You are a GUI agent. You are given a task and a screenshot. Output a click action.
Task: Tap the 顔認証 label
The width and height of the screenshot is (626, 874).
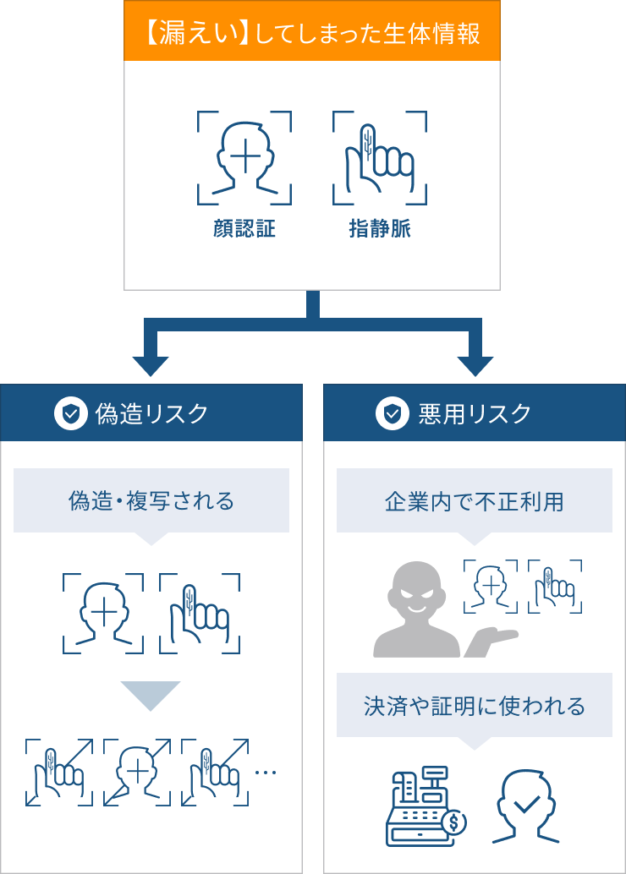click(x=244, y=229)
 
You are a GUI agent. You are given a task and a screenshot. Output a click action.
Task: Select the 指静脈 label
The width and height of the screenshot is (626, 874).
click(x=380, y=229)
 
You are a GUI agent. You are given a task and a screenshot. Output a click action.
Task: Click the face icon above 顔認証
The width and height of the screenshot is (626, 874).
click(x=244, y=158)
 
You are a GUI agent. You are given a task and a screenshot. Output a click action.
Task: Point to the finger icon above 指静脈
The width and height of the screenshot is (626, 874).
click(x=380, y=158)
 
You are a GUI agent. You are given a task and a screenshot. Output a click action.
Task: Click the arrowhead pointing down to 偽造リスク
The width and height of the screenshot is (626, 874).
click(x=151, y=363)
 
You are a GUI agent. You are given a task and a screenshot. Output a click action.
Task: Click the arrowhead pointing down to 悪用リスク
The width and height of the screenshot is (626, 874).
click(x=475, y=363)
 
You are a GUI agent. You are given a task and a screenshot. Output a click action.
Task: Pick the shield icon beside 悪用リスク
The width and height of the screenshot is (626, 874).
click(x=392, y=413)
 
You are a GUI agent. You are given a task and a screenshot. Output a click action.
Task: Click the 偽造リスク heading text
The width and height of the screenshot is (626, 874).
click(x=151, y=413)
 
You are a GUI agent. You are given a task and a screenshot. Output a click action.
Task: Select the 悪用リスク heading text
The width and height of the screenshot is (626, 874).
click(x=475, y=413)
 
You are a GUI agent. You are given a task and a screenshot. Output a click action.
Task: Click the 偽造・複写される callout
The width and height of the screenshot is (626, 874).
click(x=151, y=501)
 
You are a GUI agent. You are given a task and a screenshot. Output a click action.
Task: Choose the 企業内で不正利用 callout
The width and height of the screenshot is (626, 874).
click(x=474, y=501)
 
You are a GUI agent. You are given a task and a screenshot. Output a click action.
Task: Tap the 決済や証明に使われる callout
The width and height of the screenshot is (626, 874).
click(x=474, y=705)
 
